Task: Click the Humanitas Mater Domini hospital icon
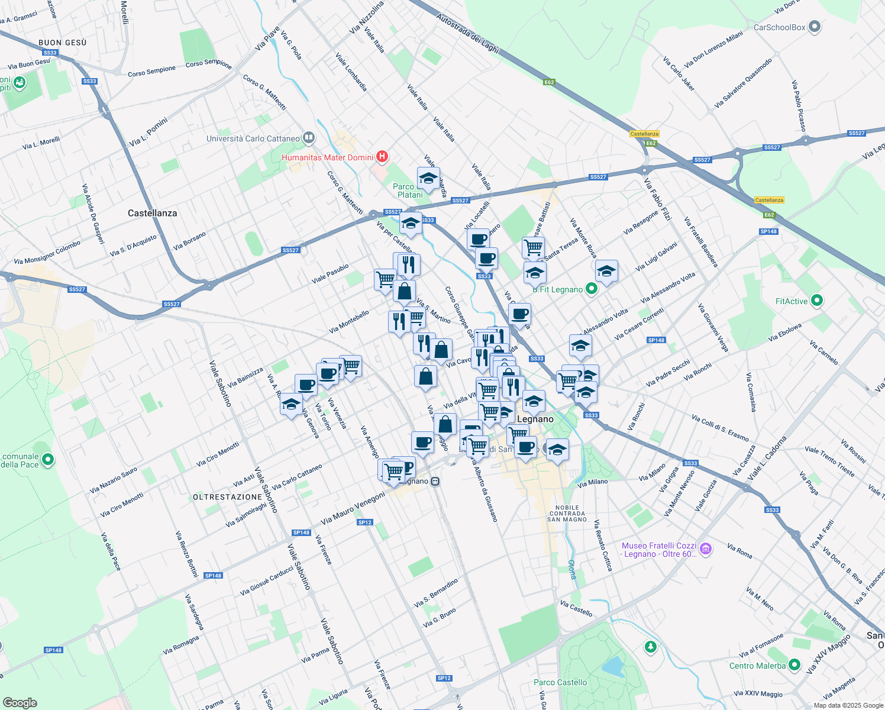click(382, 157)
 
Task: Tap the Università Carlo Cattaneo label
click(253, 138)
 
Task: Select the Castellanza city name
click(152, 213)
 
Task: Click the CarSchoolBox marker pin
click(815, 27)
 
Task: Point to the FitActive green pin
click(817, 301)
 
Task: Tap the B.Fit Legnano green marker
click(591, 289)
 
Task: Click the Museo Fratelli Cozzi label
click(659, 550)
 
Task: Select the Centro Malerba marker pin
click(794, 665)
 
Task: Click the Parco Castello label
click(560, 682)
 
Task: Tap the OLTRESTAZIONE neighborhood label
click(227, 497)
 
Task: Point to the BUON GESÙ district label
click(62, 43)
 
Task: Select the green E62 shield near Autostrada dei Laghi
click(549, 82)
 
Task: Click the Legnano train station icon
click(435, 482)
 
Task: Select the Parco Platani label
click(409, 191)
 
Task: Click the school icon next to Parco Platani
click(428, 177)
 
